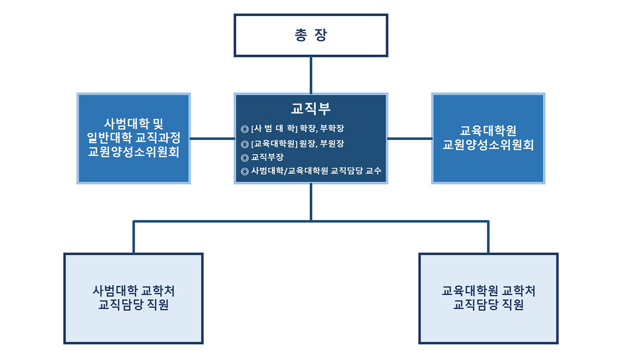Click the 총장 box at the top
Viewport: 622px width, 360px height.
(310, 35)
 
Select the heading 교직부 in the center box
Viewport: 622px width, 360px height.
(310, 108)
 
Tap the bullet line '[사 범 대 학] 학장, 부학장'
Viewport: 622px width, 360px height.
(298, 129)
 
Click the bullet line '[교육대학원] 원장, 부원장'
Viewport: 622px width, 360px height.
(298, 144)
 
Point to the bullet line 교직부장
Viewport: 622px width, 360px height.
(267, 157)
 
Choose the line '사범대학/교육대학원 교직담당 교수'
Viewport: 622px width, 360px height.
(316, 171)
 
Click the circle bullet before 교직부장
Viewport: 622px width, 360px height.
(245, 158)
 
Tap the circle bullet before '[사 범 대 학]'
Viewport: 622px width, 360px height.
(245, 129)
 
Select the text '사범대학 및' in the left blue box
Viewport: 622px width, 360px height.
(134, 123)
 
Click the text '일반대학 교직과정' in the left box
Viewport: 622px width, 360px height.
(134, 137)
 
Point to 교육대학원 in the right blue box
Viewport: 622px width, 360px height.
(488, 131)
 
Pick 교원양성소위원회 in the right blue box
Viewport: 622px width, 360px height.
(488, 145)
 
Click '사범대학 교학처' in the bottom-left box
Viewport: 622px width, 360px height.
(134, 291)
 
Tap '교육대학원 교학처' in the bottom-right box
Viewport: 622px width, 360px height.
(488, 291)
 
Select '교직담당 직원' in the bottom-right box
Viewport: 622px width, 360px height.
(488, 304)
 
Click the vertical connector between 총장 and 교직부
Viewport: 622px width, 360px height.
(310, 75)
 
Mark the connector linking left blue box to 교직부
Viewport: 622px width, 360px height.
(213, 139)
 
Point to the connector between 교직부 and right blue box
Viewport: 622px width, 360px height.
(410, 139)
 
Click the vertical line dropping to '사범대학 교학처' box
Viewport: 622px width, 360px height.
(134, 237)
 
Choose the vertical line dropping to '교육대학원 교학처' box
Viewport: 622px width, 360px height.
(488, 237)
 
